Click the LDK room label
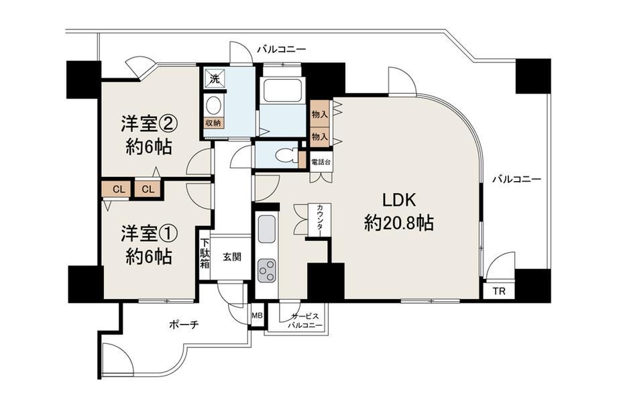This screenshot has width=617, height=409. (400, 200)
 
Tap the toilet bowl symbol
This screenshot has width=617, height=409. (284, 155)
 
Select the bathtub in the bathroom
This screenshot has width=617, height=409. (283, 90)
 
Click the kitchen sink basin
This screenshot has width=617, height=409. (266, 229)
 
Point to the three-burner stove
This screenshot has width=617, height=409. (266, 270)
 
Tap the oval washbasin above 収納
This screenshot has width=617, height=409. (214, 106)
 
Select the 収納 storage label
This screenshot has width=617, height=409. (213, 123)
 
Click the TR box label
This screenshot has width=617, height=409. (499, 292)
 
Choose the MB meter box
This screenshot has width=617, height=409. (257, 315)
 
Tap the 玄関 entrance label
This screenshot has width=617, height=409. (232, 257)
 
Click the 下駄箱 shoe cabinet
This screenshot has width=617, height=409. (205, 253)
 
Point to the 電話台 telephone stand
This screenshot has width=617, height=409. (321, 162)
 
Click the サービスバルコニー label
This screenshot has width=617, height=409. (305, 321)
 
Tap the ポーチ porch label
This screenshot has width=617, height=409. (184, 325)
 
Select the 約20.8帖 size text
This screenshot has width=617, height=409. (399, 223)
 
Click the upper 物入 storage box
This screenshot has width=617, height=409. (319, 114)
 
